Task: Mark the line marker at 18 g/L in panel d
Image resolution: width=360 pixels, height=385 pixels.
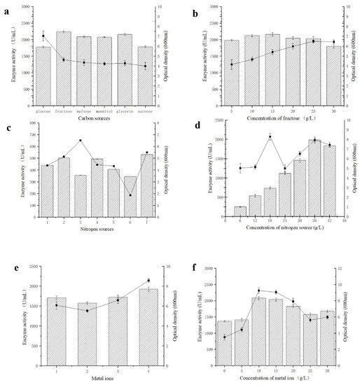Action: coord(270,137)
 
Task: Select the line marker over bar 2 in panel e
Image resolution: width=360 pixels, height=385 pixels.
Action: coord(88,311)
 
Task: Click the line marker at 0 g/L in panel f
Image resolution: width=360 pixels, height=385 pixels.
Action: coord(224,337)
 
